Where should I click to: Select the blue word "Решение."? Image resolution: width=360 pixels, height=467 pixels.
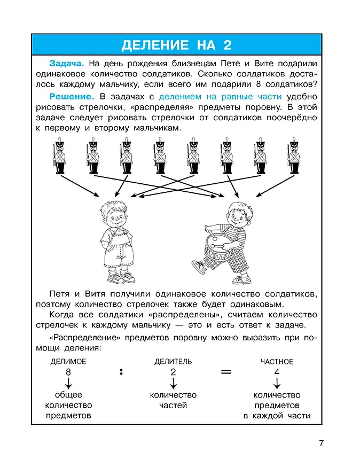72,97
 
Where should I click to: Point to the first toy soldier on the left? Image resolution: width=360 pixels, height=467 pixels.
60,155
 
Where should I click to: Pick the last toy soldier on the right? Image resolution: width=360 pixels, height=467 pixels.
293,155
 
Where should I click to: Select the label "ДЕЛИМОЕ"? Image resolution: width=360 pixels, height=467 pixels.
68,362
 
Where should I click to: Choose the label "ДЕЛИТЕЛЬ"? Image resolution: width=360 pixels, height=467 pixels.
173,362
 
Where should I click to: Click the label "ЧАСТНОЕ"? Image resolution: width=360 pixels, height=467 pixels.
277,362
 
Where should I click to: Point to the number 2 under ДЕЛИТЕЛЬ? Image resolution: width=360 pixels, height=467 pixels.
173,372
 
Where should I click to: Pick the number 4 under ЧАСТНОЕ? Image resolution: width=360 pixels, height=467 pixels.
277,372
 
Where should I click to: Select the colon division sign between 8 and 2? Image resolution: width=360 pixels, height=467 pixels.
121,372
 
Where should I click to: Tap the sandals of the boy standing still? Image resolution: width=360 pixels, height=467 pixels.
121,278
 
